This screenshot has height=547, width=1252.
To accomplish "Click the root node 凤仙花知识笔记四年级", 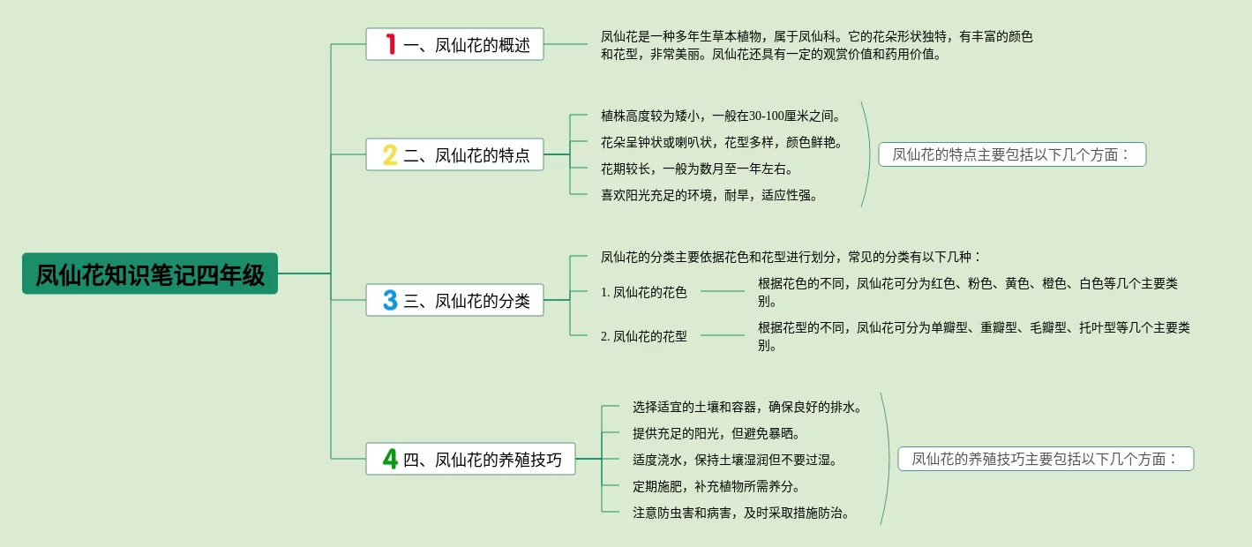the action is click(150, 274).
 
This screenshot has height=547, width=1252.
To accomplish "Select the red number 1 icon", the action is click(390, 44).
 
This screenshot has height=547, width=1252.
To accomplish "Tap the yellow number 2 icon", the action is click(390, 155).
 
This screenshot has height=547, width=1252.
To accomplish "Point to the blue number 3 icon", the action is click(390, 300).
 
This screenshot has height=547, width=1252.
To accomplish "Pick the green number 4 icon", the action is click(390, 459).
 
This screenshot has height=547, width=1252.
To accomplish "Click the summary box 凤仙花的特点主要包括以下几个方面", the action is click(1011, 155).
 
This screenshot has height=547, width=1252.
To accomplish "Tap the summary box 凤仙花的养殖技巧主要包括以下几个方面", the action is click(1046, 459).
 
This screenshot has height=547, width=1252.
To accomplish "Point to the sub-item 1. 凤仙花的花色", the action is click(643, 292).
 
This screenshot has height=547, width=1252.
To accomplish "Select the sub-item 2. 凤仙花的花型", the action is click(643, 336).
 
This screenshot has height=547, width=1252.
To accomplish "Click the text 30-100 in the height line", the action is click(773, 116).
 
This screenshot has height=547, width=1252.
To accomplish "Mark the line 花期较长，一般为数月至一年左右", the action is click(696, 169).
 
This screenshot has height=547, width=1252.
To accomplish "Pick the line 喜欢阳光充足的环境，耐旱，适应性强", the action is click(708, 195).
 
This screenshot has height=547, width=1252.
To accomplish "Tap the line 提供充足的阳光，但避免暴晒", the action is click(716, 433).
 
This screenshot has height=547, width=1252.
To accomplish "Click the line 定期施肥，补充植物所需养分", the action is click(716, 486).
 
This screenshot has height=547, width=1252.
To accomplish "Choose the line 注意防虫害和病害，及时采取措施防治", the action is click(740, 513).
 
